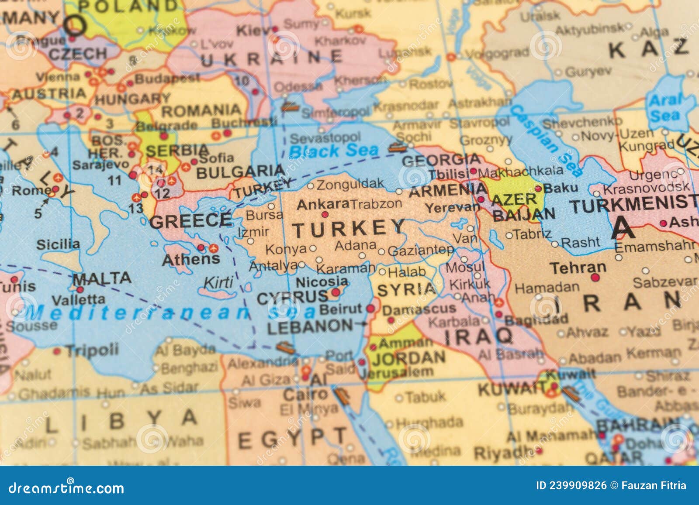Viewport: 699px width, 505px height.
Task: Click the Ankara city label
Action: click(x=322, y=204)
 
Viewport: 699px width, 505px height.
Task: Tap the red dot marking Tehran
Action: click(x=595, y=278)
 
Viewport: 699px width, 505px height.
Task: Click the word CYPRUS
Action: click(x=292, y=298)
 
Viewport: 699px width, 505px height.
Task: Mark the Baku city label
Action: click(x=561, y=188)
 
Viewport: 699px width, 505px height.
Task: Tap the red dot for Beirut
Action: click(x=370, y=309)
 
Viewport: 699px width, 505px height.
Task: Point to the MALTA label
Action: click(x=102, y=278)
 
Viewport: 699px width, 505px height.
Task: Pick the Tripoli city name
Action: click(x=92, y=350)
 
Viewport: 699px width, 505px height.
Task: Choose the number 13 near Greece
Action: click(x=136, y=208)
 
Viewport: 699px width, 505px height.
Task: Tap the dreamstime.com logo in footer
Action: click(x=66, y=487)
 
